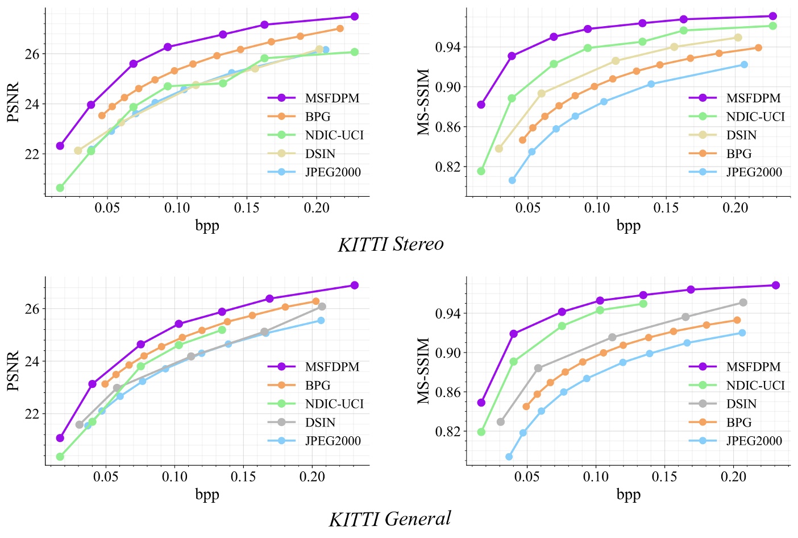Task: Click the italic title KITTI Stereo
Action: click(390, 245)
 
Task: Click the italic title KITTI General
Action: click(390, 519)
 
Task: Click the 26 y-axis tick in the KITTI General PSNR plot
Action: click(32, 309)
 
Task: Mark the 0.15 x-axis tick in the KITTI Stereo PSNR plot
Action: click(247, 208)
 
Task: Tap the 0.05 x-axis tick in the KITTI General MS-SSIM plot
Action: click(527, 477)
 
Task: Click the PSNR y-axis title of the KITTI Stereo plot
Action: click(13, 102)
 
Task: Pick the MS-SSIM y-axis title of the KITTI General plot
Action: click(423, 371)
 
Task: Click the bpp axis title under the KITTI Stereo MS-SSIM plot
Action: click(628, 226)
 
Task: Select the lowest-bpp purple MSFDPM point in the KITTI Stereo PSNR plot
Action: click(60, 146)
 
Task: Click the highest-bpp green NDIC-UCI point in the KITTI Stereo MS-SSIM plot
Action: click(772, 26)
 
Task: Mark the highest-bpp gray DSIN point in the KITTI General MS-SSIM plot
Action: click(743, 303)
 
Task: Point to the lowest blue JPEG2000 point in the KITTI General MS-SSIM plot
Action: click(509, 457)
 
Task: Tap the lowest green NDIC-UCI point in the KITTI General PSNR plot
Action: click(60, 457)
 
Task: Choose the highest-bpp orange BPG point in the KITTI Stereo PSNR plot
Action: click(340, 28)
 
